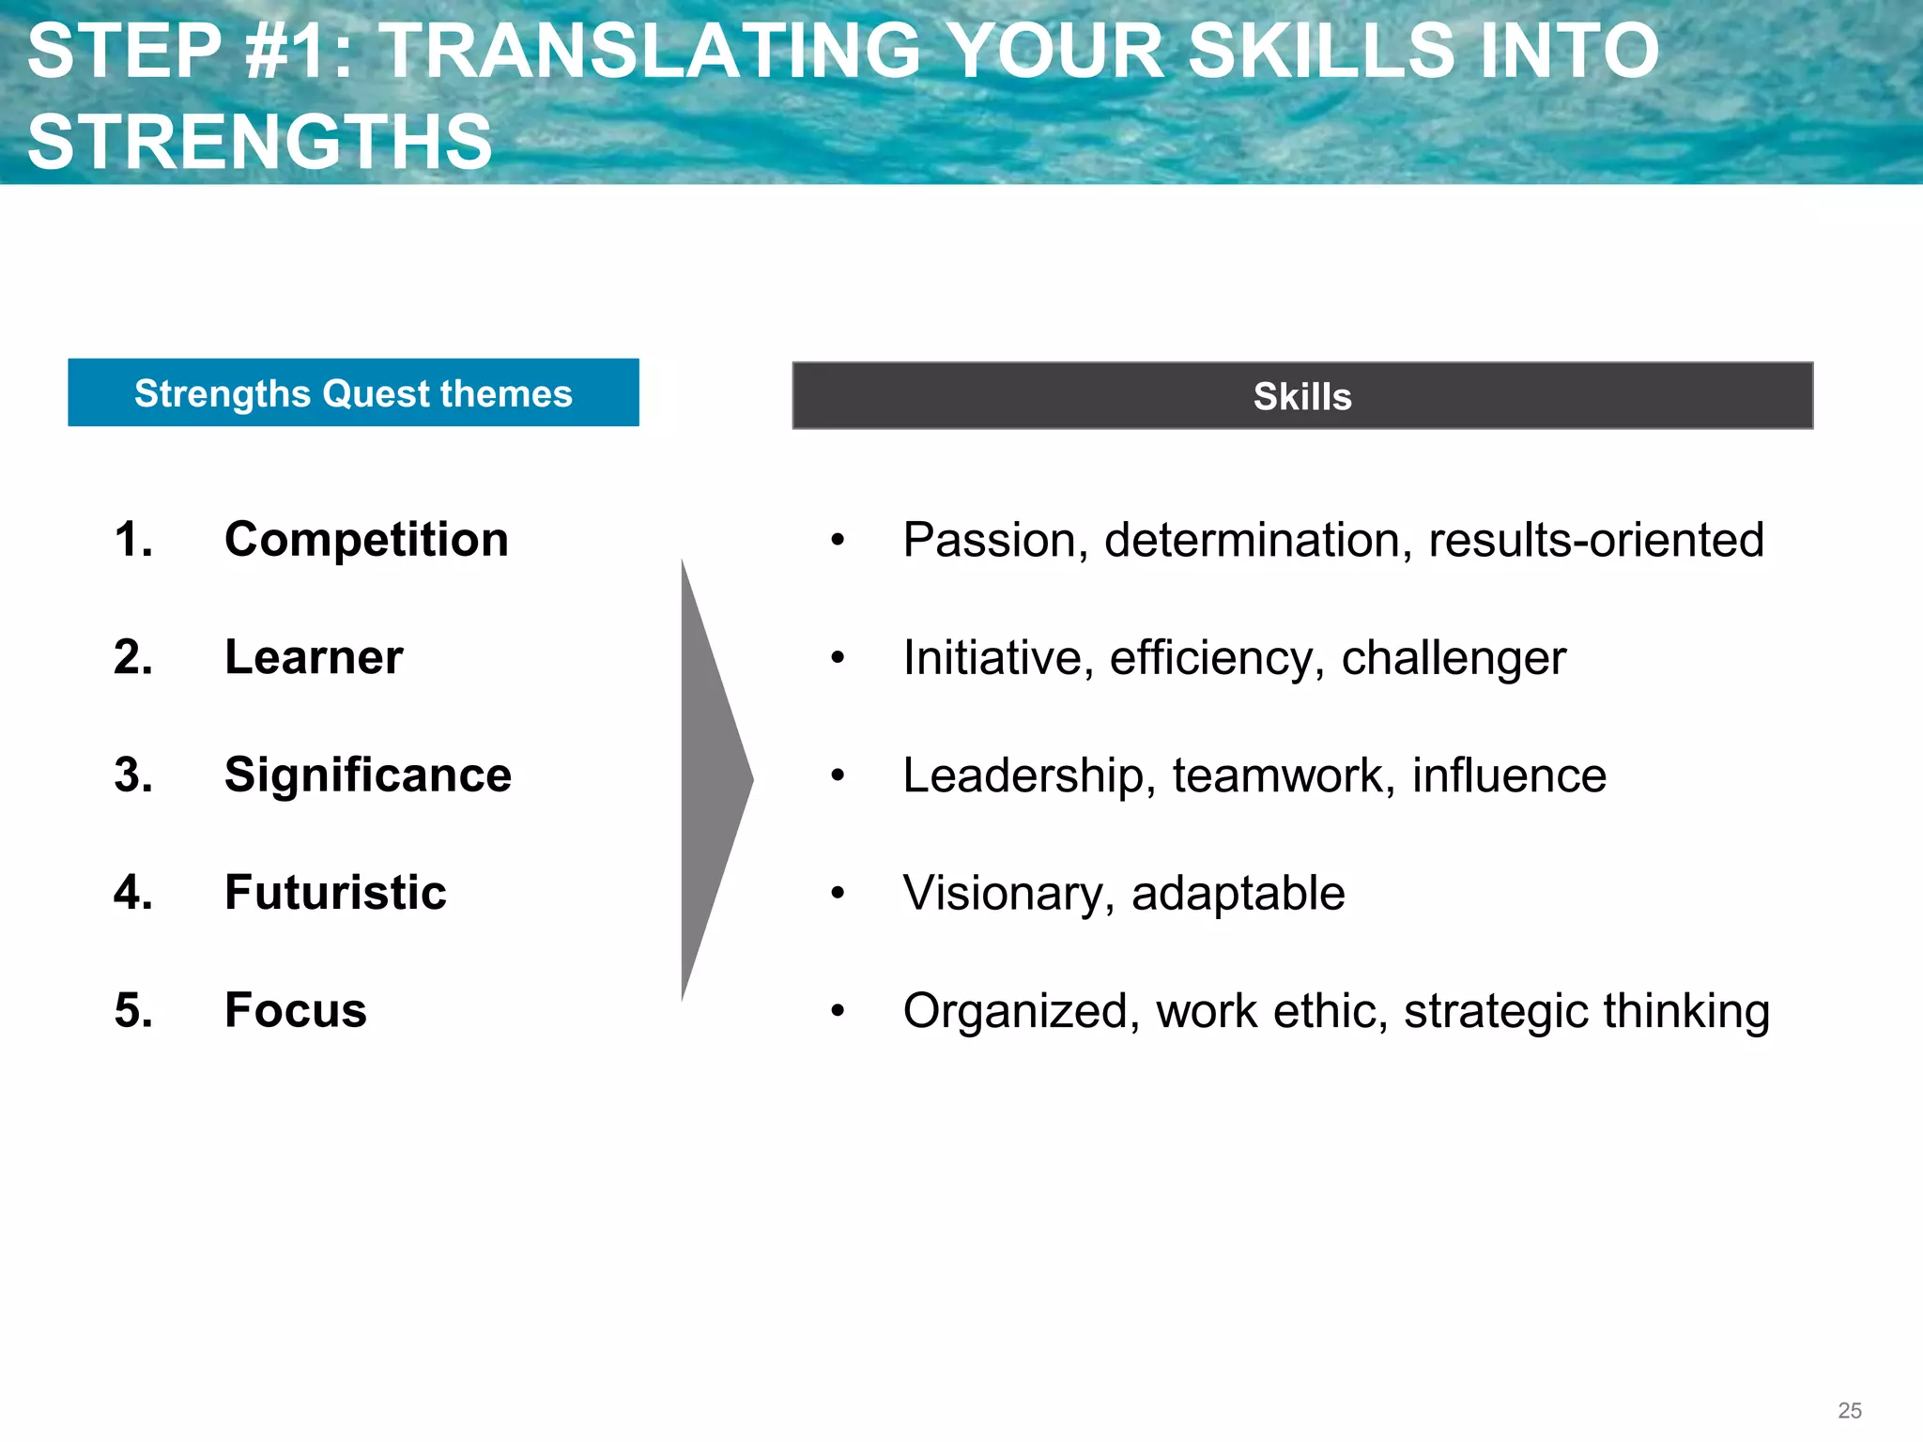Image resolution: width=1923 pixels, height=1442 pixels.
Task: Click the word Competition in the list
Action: tap(366, 540)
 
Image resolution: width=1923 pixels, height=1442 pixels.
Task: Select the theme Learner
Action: tap(314, 657)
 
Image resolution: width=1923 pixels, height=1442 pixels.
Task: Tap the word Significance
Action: tap(368, 775)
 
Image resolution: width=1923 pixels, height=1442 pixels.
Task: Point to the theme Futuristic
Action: tap(335, 893)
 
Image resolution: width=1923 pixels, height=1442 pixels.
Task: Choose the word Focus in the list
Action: tap(296, 1011)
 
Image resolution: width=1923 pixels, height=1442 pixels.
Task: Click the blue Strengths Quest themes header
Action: tap(353, 393)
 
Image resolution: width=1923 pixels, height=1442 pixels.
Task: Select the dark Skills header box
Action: tap(1302, 396)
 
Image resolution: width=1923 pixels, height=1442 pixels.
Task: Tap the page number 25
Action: tap(1849, 1410)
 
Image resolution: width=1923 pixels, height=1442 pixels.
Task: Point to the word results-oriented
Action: tap(1595, 541)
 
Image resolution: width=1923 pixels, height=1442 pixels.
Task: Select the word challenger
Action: tap(1454, 658)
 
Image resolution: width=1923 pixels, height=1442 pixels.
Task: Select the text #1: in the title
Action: tap(300, 51)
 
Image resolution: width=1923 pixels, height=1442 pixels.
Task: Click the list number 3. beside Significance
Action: tap(133, 775)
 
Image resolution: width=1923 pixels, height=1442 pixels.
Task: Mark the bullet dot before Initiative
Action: tap(838, 658)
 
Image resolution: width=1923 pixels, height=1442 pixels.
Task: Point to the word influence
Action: tap(1509, 776)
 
